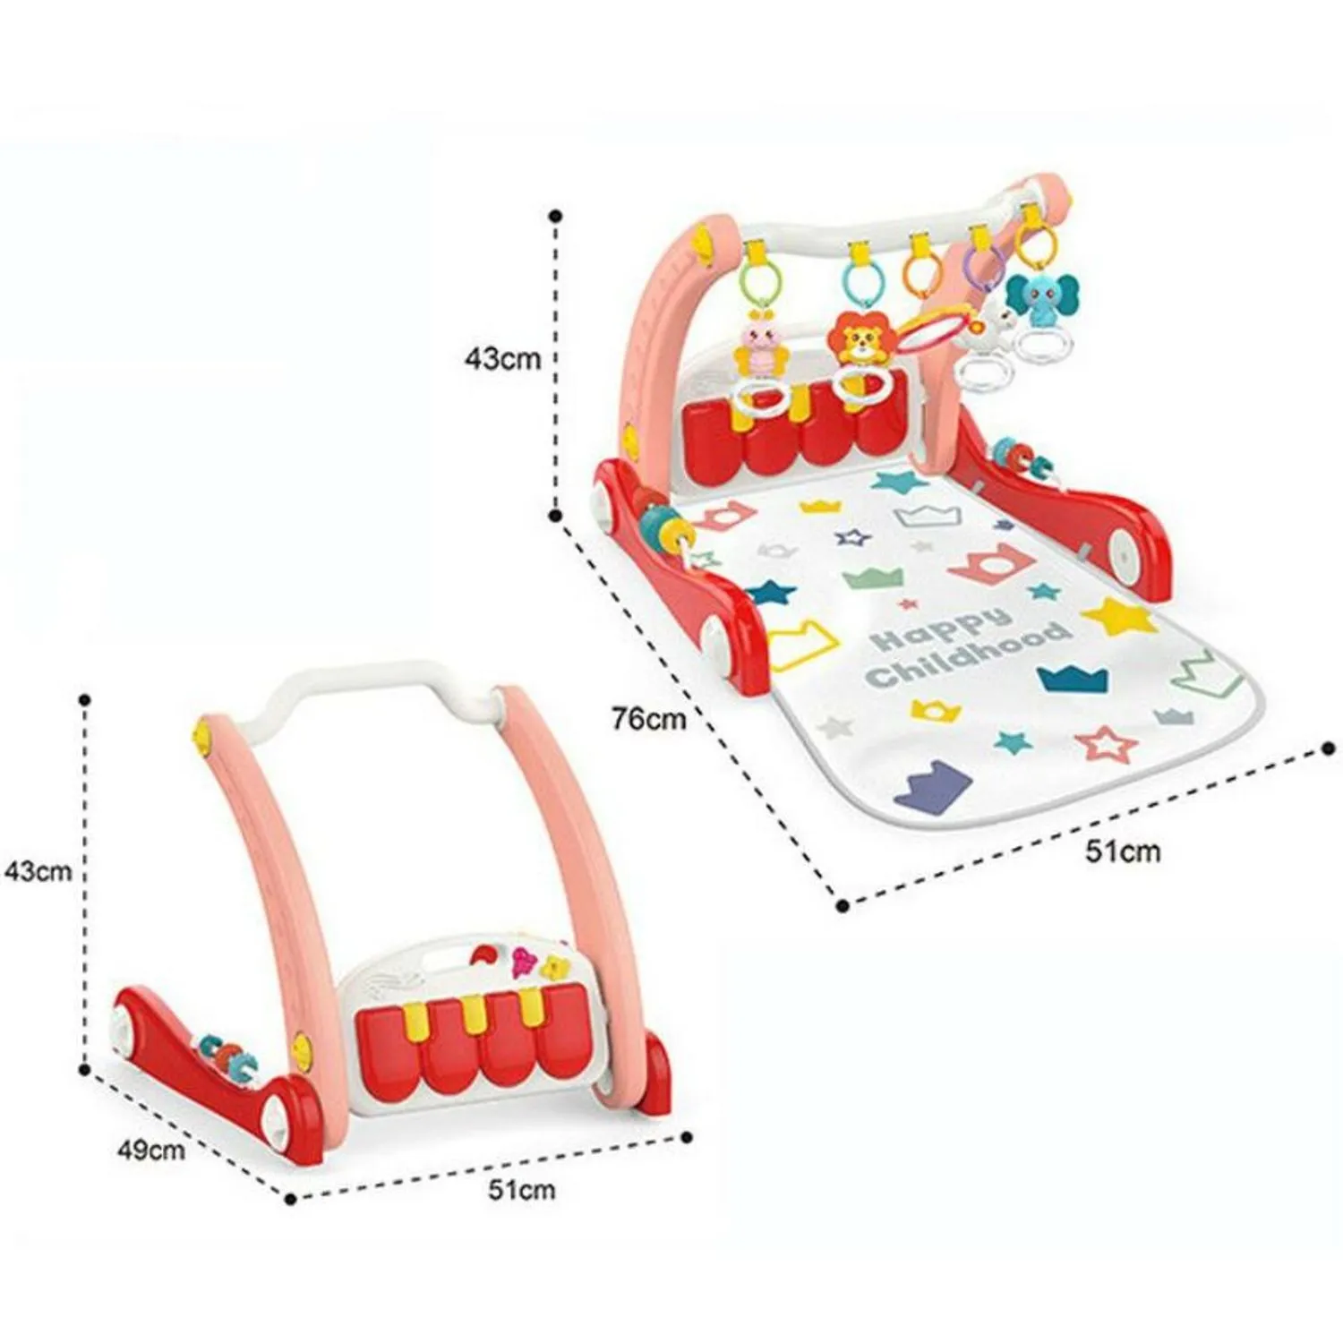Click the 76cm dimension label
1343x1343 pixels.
point(649,718)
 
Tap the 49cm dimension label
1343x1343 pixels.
point(151,1149)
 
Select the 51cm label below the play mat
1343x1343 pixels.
point(1123,851)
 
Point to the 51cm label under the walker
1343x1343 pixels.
point(521,1190)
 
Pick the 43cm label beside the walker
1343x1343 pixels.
point(38,870)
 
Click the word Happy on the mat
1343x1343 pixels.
point(940,629)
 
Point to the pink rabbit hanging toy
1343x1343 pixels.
point(757,349)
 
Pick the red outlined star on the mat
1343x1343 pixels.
point(1107,743)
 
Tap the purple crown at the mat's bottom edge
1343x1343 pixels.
point(932,786)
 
